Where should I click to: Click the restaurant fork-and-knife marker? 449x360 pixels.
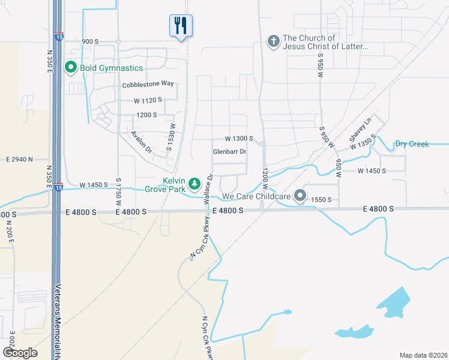pyautogui.click(x=181, y=25)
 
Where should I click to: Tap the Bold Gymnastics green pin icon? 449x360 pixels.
pyautogui.click(x=71, y=68)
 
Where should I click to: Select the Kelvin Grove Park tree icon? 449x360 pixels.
pyautogui.click(x=194, y=182)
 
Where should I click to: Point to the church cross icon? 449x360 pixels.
pyautogui.click(x=273, y=41)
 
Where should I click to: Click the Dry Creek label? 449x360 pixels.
pyautogui.click(x=412, y=144)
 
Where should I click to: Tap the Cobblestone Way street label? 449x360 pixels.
pyautogui.click(x=148, y=85)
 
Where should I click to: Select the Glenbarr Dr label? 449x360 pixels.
pyautogui.click(x=230, y=152)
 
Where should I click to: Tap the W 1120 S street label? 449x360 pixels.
pyautogui.click(x=148, y=100)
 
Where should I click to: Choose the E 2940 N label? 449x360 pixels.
pyautogui.click(x=28, y=160)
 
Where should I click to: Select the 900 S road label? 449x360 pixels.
pyautogui.click(x=89, y=41)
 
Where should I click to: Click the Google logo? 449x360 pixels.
pyautogui.click(x=19, y=353)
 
